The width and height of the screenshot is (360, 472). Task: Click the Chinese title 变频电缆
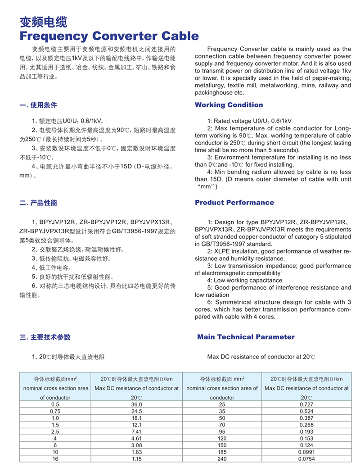click(43, 23)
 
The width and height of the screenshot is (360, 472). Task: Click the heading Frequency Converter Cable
click(109, 36)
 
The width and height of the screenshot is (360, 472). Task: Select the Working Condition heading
click(229, 105)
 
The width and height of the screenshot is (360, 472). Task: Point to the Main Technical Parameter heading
click(246, 337)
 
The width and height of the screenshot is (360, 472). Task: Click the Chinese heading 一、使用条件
click(38, 105)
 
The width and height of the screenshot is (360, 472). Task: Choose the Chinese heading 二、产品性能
click(38, 203)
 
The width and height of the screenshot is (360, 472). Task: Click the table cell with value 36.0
click(136, 404)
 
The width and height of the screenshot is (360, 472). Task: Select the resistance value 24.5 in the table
click(136, 411)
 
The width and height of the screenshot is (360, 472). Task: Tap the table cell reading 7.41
click(136, 431)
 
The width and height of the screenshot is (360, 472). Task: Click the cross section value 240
click(222, 458)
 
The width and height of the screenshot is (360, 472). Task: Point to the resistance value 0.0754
click(306, 458)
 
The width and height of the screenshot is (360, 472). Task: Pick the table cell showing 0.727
click(306, 404)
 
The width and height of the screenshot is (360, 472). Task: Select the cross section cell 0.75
click(55, 411)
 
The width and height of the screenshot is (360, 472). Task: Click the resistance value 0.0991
click(306, 452)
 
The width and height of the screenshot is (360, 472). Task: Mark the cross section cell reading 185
click(222, 452)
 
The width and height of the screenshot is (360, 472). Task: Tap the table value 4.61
click(136, 438)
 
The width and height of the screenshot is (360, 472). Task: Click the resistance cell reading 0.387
click(306, 418)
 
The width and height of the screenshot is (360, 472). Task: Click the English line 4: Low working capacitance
click(238, 280)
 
